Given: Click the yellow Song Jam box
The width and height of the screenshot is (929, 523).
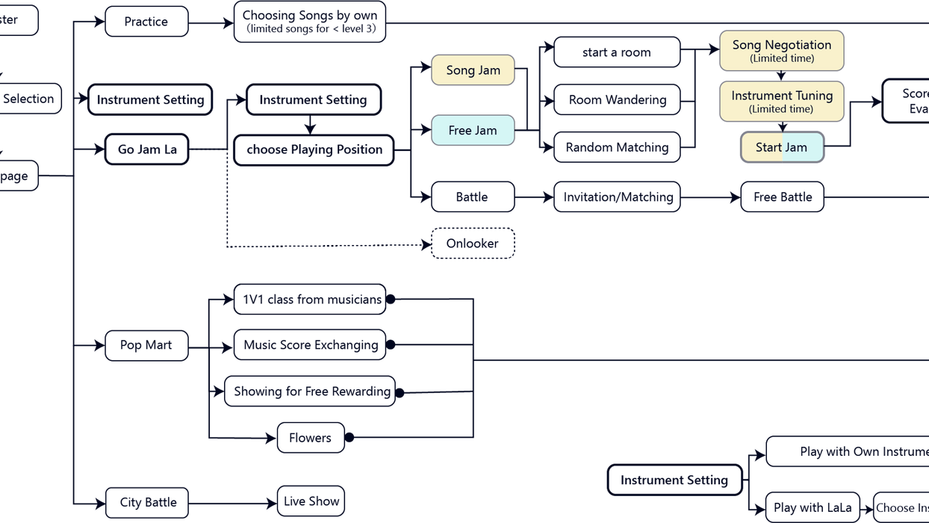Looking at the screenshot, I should tap(473, 70).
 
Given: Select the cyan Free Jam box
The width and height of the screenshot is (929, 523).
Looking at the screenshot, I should tap(473, 130).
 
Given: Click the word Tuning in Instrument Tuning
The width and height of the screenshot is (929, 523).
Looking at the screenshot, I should tap(814, 96).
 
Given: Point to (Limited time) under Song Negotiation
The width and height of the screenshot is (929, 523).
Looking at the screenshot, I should tap(782, 58).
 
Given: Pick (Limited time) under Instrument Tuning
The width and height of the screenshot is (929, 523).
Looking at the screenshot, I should tap(782, 109).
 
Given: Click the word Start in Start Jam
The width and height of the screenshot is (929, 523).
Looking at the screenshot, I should tap(768, 147).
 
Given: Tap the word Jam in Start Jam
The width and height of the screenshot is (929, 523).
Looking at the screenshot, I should tap(796, 147).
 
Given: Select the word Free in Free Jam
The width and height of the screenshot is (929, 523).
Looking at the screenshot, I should tap(460, 130).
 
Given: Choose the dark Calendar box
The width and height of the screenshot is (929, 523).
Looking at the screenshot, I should tap(473, 244).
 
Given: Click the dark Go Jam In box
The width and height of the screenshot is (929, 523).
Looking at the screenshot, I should tap(146, 149).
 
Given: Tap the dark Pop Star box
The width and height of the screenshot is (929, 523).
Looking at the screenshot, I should tap(146, 345).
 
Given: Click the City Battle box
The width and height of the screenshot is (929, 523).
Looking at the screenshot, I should tap(146, 501).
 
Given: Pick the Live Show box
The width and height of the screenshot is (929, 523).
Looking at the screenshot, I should tap(311, 501).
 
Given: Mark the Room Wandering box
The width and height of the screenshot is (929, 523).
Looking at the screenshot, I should tap(617, 99).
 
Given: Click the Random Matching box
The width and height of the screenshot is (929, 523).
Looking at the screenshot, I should tap(617, 147).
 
